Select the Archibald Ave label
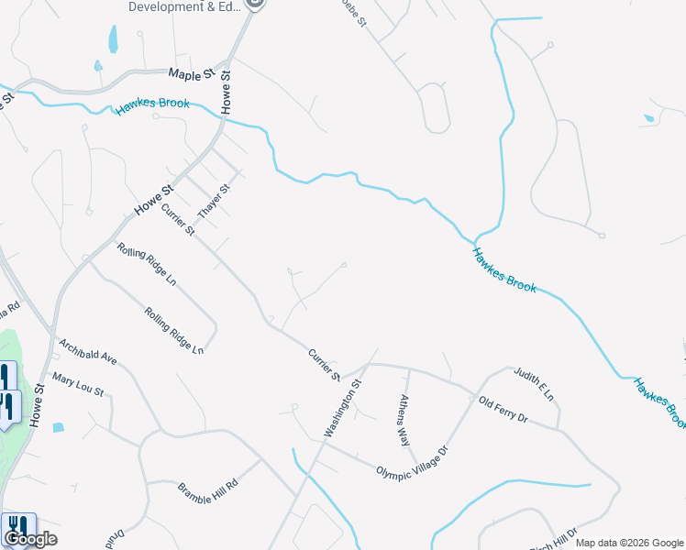[x=88, y=353]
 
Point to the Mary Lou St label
[x=78, y=385]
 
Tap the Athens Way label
[x=404, y=420]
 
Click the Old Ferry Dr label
[x=503, y=408]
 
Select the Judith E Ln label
[x=534, y=384]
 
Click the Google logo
[x=31, y=539]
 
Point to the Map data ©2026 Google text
[x=629, y=543]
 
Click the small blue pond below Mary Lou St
[x=59, y=427]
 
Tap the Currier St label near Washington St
[x=324, y=364]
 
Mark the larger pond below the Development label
[x=114, y=38]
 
